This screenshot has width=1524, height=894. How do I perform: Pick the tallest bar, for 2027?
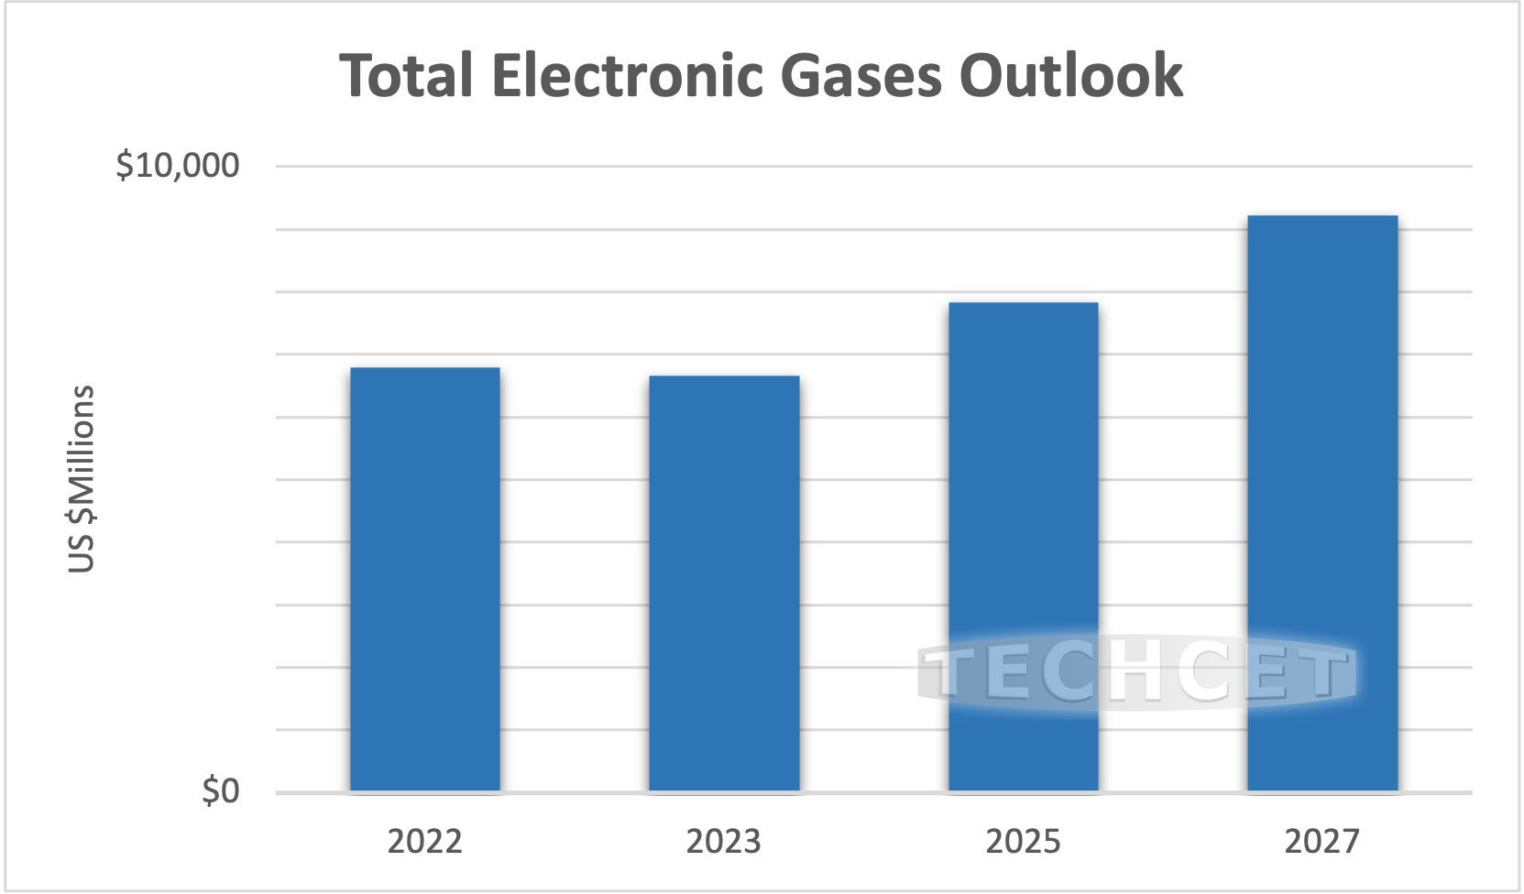1322,503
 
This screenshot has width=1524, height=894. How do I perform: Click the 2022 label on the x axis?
425,841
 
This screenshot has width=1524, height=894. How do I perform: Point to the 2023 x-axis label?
724,841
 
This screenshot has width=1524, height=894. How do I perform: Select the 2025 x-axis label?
1023,841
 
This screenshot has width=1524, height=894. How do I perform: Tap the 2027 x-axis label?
1322,841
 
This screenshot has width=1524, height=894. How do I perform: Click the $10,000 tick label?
178,166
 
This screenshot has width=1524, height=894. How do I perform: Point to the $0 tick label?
221,790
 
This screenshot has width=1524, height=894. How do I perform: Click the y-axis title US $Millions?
82,479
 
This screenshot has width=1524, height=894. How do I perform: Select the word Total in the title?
407,75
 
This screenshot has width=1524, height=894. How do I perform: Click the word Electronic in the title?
628,75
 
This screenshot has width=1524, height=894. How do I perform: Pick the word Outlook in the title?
1071,75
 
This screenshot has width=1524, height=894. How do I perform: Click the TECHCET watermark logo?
1136,674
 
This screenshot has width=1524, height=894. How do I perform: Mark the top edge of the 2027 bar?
1322,217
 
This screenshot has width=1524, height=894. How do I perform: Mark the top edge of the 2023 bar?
724,376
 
